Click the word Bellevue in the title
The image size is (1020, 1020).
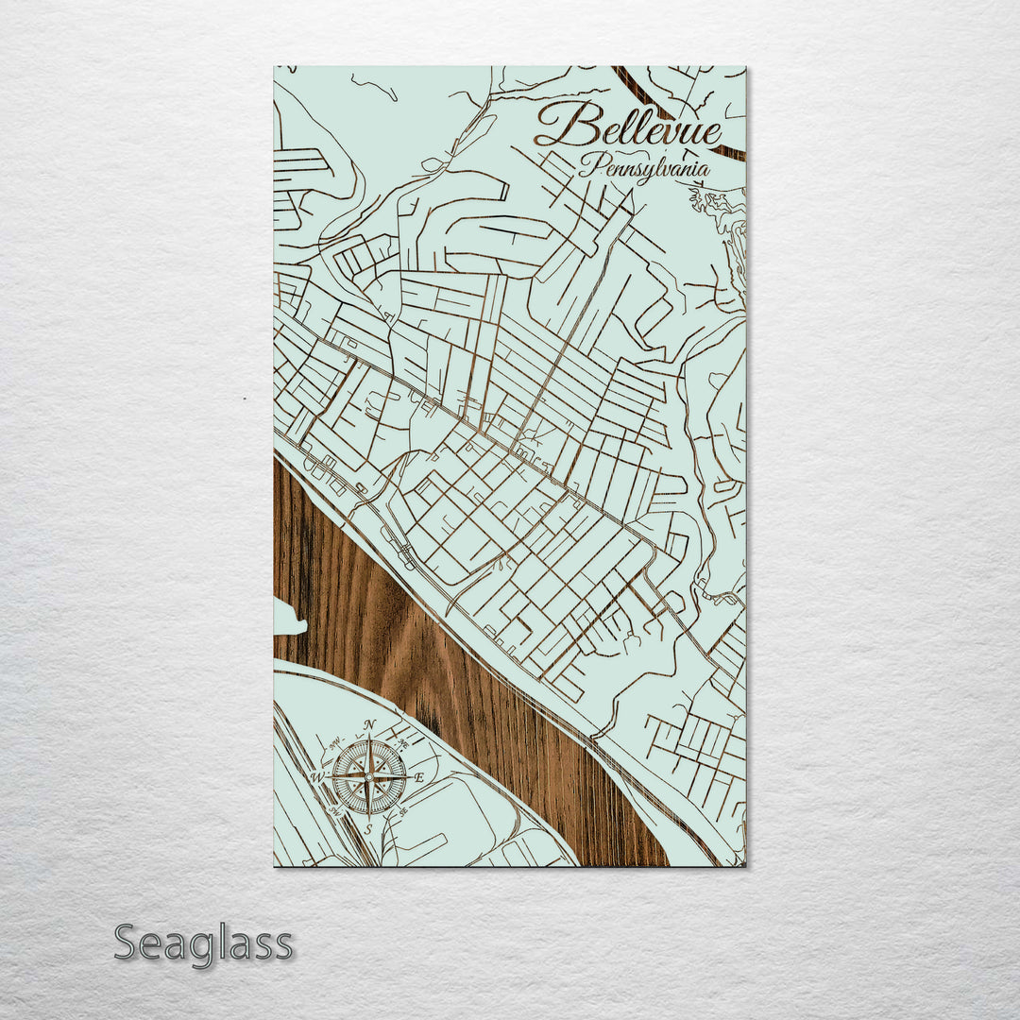point(628,127)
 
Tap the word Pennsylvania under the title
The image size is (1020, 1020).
point(644,168)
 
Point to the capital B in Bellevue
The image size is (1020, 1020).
point(557,125)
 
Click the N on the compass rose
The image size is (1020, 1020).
point(370,725)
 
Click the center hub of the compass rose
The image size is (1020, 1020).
point(369,777)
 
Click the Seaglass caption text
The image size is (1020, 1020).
point(203,943)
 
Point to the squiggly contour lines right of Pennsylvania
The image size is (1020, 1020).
point(722,212)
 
